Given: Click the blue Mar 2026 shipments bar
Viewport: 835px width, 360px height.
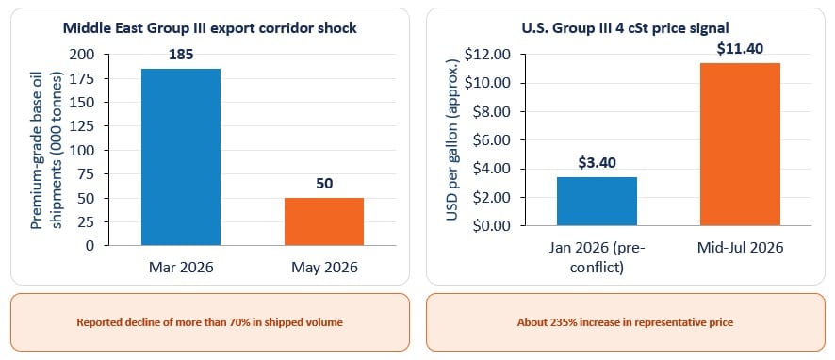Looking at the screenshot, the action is click(x=181, y=157).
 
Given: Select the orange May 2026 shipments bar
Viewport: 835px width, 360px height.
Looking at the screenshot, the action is click(x=324, y=221).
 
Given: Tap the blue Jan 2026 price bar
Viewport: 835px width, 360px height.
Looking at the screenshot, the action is click(x=597, y=202).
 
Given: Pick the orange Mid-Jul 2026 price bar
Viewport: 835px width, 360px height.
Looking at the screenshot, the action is click(x=740, y=144).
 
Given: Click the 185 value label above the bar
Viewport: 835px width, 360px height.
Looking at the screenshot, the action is click(x=181, y=55).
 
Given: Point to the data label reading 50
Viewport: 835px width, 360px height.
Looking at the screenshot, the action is click(x=324, y=184).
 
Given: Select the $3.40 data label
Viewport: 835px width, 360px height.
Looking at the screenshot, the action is click(x=597, y=162).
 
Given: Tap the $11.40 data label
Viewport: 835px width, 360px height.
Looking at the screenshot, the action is click(x=740, y=48).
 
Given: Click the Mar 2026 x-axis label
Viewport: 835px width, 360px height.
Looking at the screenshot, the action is click(x=181, y=267).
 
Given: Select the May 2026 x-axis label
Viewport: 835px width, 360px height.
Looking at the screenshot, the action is click(x=324, y=267).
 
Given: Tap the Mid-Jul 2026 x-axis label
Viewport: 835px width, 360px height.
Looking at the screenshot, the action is click(x=740, y=248).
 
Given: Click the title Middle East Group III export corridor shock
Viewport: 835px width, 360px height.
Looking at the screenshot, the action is click(x=210, y=28).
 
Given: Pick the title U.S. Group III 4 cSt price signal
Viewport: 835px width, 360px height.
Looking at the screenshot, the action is click(x=626, y=28).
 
